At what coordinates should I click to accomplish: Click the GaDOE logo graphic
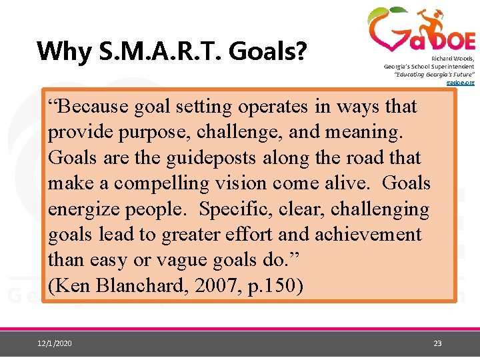point(421,31)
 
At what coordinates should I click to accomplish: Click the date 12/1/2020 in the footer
point(56,343)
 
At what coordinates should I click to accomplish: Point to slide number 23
point(437,343)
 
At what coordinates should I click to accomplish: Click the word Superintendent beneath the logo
point(452,67)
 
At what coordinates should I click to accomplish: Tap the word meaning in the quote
point(366,133)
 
